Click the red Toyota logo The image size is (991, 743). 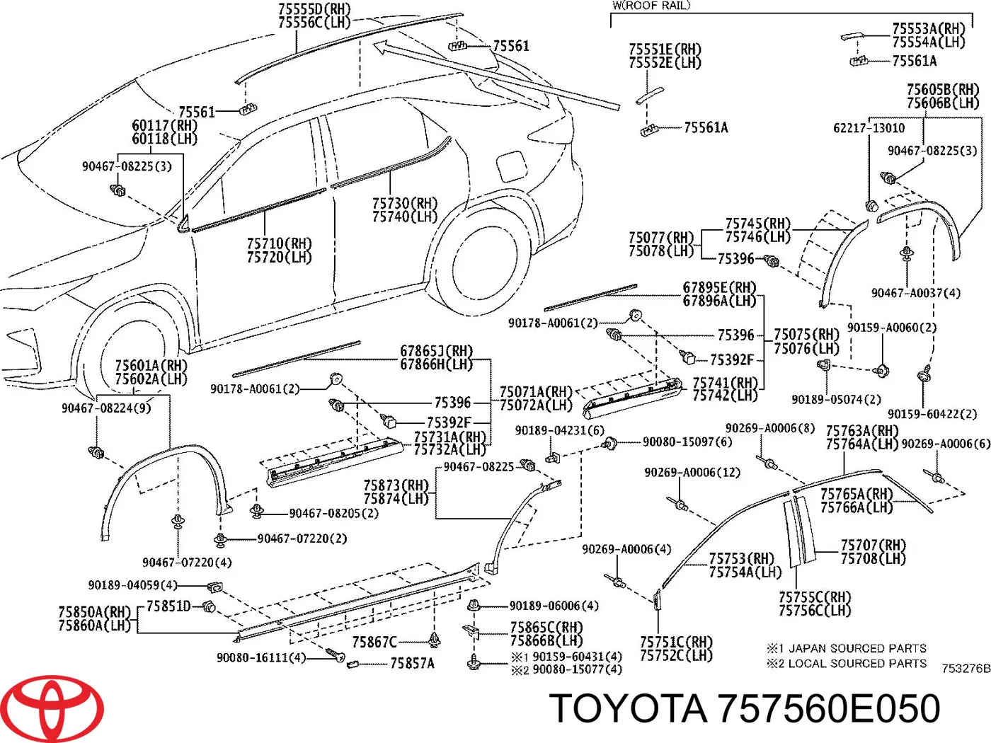coord(52,708)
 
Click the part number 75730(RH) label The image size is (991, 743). coord(405,204)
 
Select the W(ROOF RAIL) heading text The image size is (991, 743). coord(651,6)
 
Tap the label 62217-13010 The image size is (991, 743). coord(869,128)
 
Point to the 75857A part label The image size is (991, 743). coord(412,664)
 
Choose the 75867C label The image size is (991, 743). coord(374,643)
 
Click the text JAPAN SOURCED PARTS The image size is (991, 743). coord(857,648)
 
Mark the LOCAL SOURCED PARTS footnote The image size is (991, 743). coord(857,664)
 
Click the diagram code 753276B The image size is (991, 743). coord(966,668)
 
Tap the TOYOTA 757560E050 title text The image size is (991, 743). coord(744,708)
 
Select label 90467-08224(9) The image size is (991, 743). coord(106,408)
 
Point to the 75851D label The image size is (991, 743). coord(168,606)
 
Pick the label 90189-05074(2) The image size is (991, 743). coord(836,400)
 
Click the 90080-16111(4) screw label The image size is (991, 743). coord(261,658)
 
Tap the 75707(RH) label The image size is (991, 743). coord(873,546)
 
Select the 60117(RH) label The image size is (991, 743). coord(164,126)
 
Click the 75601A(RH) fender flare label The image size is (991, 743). coord(151,366)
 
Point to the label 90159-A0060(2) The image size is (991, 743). coord(891,328)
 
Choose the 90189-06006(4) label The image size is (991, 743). coord(554,606)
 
